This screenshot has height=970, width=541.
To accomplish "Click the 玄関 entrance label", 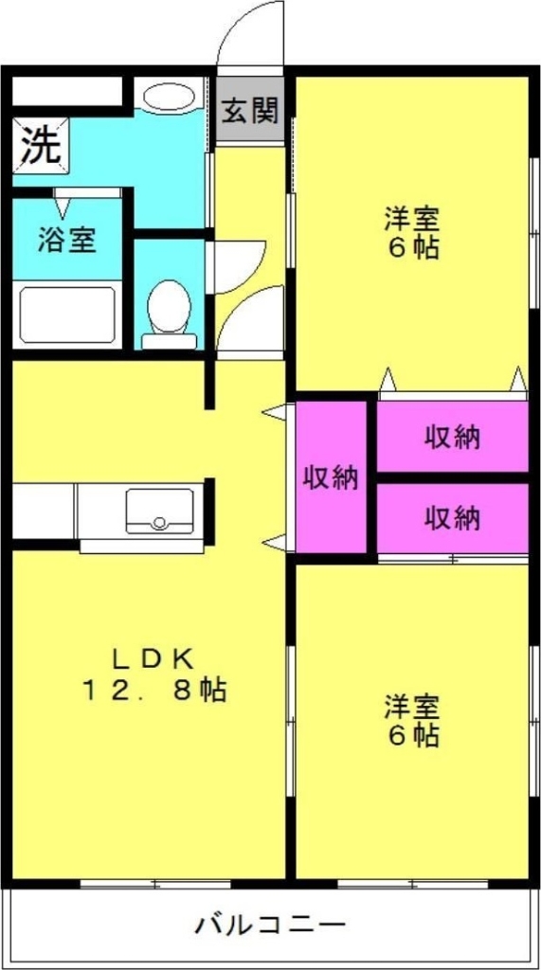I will (x=251, y=112).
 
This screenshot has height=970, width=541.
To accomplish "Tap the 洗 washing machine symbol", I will (x=40, y=147).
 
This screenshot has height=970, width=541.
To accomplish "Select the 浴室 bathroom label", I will (x=66, y=240).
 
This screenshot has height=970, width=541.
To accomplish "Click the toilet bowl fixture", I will (x=170, y=308).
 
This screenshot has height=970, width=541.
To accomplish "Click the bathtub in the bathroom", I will (x=67, y=314).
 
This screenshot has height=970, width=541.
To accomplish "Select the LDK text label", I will (x=153, y=656).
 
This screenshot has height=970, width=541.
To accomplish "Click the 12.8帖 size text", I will (x=153, y=691).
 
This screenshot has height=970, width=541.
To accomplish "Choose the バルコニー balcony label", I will (x=271, y=925).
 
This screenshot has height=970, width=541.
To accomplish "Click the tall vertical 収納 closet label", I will (x=331, y=478).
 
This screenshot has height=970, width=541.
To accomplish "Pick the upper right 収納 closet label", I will (x=452, y=437).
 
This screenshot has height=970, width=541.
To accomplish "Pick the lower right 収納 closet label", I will (x=452, y=518).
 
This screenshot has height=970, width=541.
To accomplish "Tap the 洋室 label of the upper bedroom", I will (x=411, y=218).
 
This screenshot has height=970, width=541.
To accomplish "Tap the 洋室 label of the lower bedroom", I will (x=411, y=706).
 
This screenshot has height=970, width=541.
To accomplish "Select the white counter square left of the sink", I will (x=43, y=512).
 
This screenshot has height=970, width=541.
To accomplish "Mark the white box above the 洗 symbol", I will (x=67, y=92).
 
